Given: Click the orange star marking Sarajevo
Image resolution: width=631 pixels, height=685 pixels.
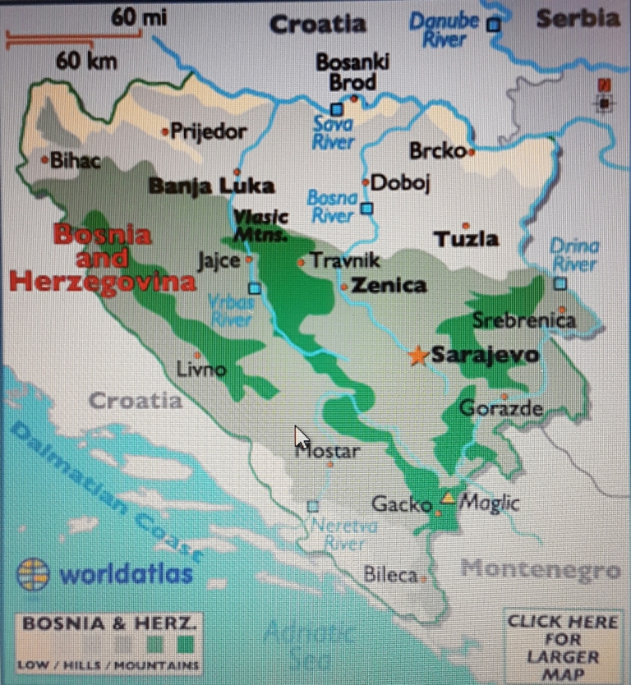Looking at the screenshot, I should coord(418,356).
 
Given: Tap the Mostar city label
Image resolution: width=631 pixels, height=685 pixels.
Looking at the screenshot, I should coord(329,451).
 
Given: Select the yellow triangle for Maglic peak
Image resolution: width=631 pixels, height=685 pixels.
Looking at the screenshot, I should coord(448,498).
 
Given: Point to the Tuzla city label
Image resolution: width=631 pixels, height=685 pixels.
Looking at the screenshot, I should coord(466,239).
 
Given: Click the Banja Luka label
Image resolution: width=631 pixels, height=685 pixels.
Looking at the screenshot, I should coord(211,186).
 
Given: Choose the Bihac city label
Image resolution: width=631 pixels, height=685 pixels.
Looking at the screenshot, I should coord(76,161).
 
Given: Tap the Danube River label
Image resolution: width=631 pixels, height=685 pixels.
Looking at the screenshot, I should coord(444,30).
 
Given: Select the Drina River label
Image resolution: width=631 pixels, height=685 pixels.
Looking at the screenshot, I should coord(573,255).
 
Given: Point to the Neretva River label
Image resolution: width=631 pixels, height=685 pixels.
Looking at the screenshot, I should coord(343,535).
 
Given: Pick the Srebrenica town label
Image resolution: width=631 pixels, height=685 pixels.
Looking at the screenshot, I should coord(524,320).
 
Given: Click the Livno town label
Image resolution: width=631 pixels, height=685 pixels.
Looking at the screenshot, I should coord(201,370).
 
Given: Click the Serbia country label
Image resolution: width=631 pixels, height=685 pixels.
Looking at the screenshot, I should coord(578,18).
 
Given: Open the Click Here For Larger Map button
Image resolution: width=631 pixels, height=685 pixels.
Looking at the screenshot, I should coord(562,647).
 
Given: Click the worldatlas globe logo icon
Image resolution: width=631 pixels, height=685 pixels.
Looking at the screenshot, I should coord(33,574).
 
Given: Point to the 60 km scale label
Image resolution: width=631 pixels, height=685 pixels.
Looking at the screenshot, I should coord(86,61).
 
